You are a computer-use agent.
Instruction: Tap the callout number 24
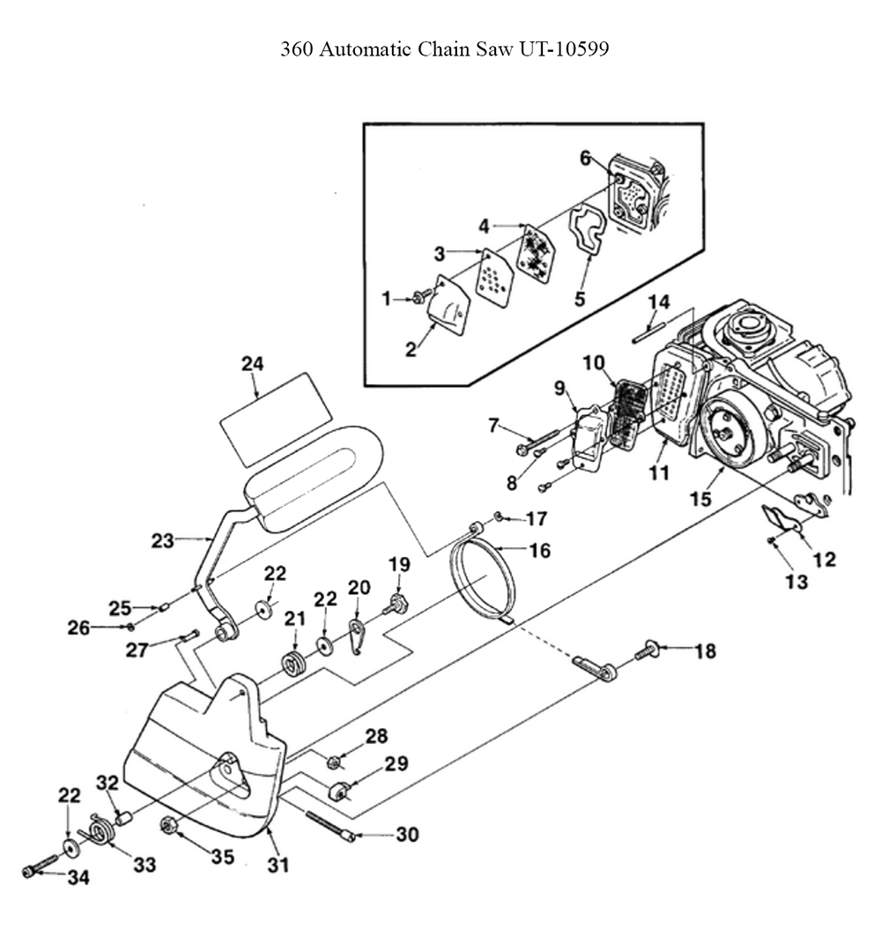[x=253, y=364]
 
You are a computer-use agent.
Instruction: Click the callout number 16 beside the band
[x=539, y=551]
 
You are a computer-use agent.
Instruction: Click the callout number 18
[x=705, y=651]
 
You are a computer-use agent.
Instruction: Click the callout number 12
[x=825, y=560]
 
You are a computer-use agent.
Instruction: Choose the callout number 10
[x=594, y=362]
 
